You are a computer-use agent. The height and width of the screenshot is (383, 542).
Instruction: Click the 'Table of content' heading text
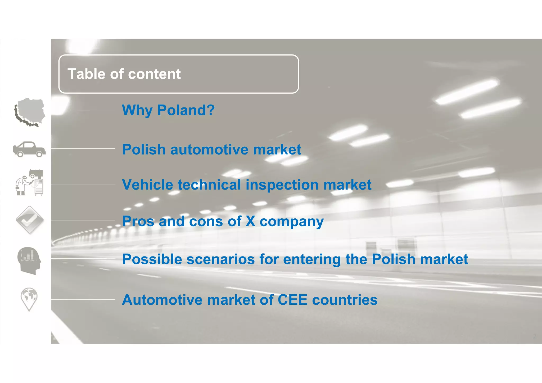[x=124, y=74]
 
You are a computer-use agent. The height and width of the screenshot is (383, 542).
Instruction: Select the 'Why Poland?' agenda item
[x=168, y=110]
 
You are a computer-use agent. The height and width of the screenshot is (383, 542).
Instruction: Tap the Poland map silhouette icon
[x=30, y=112]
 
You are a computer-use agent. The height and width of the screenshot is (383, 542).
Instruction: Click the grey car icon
[x=29, y=149]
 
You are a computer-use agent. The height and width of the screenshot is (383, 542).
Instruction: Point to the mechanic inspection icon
[x=29, y=183]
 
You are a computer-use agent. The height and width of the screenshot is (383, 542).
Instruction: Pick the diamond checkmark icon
[x=30, y=220]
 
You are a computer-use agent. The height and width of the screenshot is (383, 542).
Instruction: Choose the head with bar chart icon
[x=29, y=260]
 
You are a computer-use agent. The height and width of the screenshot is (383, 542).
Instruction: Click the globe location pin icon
[x=29, y=299]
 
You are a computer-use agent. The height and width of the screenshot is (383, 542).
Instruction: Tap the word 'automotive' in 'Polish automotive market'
[x=210, y=150]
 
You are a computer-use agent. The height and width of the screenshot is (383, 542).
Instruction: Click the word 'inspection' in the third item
[x=282, y=185]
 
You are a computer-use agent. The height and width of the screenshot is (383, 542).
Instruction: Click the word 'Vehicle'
[x=148, y=185]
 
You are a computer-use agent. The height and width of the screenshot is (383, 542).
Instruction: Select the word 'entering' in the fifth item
[x=312, y=259]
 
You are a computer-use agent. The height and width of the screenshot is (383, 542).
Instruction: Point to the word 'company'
[x=291, y=222]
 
